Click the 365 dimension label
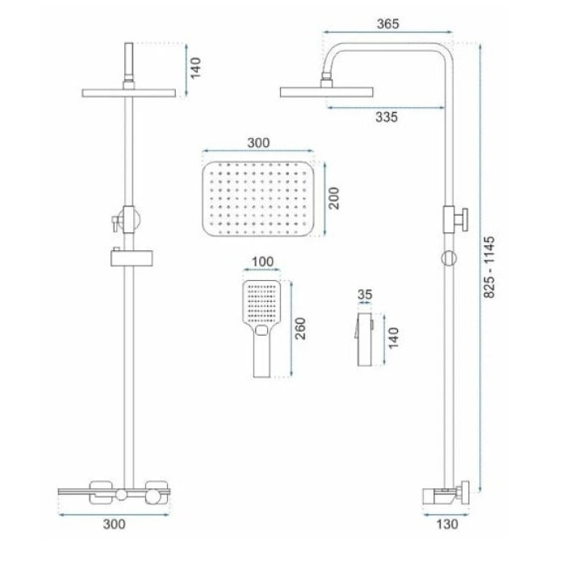coord(387,24)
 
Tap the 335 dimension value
coord(387,117)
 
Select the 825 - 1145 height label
coord(489,267)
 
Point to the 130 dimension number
coord(447,525)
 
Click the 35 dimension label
coord(365,295)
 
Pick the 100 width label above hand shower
coord(262,262)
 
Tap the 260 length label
coord(299,329)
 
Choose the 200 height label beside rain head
coord(334,198)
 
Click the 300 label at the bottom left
coord(115,525)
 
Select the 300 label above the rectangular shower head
coord(258,143)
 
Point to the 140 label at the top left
coord(195,68)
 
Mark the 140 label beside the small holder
coord(394,337)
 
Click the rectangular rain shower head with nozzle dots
coord(258,199)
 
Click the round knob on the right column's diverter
coord(449,258)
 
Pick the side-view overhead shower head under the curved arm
coord(326,92)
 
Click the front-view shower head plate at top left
coord(128,94)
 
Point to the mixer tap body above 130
coord(446,496)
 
